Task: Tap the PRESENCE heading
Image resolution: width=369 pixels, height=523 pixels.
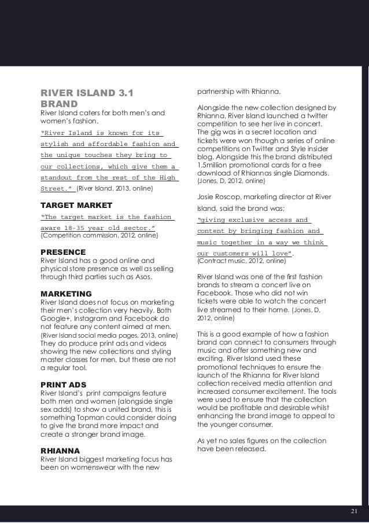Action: pos(62,252)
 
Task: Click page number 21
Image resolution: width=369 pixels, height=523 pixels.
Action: pos(355,511)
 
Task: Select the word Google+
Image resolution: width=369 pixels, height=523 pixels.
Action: pos(54,319)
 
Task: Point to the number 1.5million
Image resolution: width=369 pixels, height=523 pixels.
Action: pos(216,166)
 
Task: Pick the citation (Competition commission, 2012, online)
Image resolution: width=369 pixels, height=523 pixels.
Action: pos(98,236)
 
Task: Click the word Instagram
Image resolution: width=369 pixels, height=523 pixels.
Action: pos(93,319)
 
